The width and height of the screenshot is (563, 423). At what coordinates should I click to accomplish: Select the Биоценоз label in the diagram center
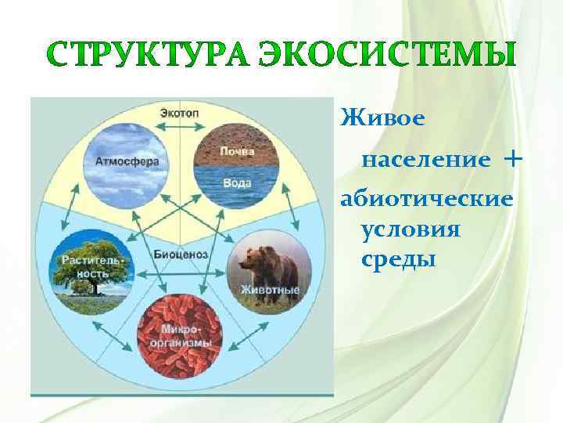pos(180,255)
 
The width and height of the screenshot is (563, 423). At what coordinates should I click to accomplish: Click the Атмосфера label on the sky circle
pos(127,161)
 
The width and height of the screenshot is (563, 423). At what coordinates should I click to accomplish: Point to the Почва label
pos(235,150)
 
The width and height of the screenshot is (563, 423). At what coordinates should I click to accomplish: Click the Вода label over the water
pos(237,183)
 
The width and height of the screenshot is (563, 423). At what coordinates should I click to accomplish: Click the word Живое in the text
pos(382,118)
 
